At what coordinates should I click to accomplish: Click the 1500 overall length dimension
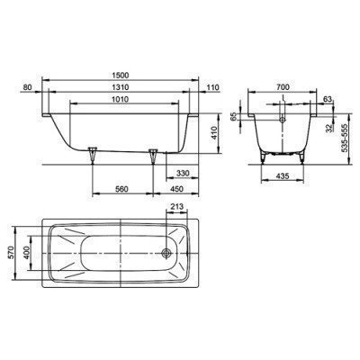121,76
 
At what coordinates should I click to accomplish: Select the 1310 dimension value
121,87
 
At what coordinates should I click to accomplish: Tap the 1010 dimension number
121,99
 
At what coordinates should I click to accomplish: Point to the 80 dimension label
27,87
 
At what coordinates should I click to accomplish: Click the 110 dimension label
213,87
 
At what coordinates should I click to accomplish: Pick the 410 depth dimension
213,134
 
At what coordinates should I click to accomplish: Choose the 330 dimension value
183,173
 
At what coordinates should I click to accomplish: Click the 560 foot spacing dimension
121,189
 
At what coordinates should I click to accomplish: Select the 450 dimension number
176,189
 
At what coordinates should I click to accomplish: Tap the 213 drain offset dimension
176,207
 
